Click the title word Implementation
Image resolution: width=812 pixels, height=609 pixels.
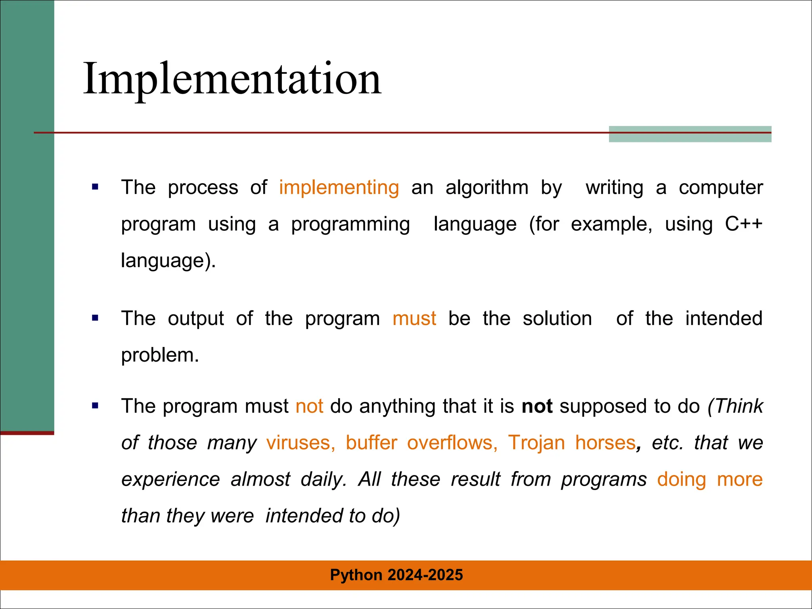tap(232, 79)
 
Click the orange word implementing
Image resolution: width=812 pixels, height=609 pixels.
tap(339, 188)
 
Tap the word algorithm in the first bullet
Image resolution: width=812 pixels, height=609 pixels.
tap(487, 188)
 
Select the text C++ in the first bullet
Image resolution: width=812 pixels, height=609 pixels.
tap(743, 224)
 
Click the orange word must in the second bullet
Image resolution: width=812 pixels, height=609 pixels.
tap(414, 319)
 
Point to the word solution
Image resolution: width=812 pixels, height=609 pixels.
tap(557, 319)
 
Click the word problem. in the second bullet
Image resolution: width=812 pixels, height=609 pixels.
tap(160, 355)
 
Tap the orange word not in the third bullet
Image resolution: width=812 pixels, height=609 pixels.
tap(309, 407)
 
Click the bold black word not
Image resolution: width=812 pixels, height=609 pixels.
tap(537, 407)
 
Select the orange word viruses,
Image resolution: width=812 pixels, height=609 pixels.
tap(301, 443)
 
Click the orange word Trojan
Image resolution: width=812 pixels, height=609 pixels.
tap(536, 443)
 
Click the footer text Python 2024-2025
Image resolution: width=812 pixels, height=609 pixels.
tap(396, 575)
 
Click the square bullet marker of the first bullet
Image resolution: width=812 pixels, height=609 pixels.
tap(95, 187)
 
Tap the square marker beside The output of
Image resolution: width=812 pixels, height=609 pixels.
tap(95, 318)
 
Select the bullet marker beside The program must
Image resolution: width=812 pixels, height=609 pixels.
tap(95, 406)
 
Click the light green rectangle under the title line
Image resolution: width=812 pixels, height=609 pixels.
tap(690, 137)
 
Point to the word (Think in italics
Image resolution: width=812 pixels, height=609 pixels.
tap(735, 407)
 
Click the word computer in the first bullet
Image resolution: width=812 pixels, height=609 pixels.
tap(720, 188)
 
